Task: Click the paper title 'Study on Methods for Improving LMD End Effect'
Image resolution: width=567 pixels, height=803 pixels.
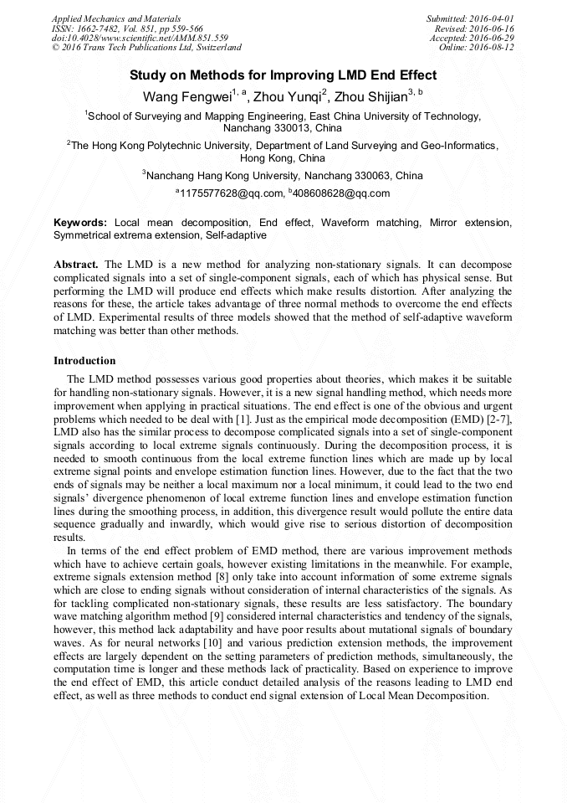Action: point(283,75)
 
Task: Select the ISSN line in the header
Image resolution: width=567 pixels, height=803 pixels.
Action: point(127,28)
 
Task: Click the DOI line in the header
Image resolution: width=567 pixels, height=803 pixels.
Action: point(140,38)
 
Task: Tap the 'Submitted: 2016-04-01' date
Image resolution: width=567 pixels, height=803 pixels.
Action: point(470,18)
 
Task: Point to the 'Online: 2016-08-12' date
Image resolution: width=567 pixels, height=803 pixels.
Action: point(476,48)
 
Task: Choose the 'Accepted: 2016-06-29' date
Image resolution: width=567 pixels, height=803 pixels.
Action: point(472,38)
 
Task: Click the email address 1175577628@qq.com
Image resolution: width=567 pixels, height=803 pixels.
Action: point(232,193)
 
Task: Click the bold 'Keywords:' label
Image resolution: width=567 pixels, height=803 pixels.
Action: point(80,224)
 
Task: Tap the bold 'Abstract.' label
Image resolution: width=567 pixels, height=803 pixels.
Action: point(77,264)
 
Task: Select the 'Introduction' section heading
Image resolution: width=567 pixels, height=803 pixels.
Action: point(84,361)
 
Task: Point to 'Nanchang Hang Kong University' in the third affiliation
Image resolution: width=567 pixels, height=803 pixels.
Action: point(222,176)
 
